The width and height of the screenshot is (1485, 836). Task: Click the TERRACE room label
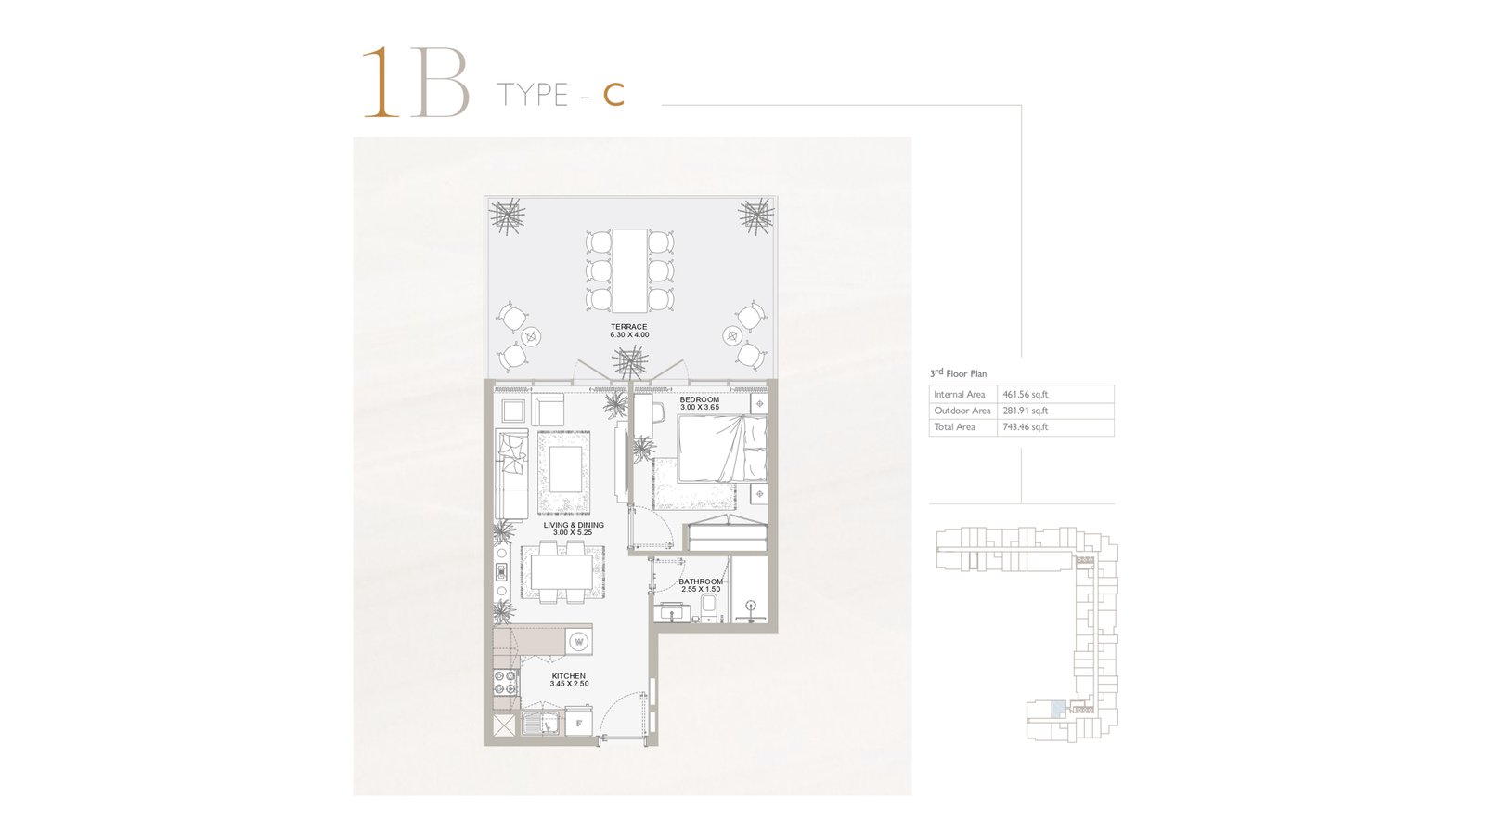coord(628,327)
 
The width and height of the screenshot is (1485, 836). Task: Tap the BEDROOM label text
coord(700,400)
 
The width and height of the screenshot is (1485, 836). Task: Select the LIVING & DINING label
coord(574,525)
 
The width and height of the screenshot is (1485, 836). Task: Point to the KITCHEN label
coord(569,676)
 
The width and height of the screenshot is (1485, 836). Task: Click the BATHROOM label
coord(701,581)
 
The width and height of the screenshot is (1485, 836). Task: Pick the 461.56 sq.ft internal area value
coord(1025,394)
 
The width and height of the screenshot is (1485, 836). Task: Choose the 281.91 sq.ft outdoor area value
coord(1025,411)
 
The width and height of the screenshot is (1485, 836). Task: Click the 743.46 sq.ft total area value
coord(1025,427)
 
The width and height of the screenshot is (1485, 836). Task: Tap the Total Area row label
coord(955,427)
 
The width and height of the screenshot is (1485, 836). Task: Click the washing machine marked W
coord(579,642)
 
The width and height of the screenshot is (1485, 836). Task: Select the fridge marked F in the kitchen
coord(579,724)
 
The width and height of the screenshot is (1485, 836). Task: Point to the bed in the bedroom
coord(722,449)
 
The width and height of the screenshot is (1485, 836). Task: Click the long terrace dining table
coord(630,270)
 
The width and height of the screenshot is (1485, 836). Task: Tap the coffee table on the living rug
coord(565,468)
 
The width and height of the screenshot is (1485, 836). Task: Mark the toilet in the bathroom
coord(709,607)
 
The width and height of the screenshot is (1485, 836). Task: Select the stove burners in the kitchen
coord(505,683)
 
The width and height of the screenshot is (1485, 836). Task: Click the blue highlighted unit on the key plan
coord(1058,709)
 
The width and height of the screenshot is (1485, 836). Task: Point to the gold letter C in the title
coord(613,95)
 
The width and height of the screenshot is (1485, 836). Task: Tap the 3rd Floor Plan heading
coord(958,373)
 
